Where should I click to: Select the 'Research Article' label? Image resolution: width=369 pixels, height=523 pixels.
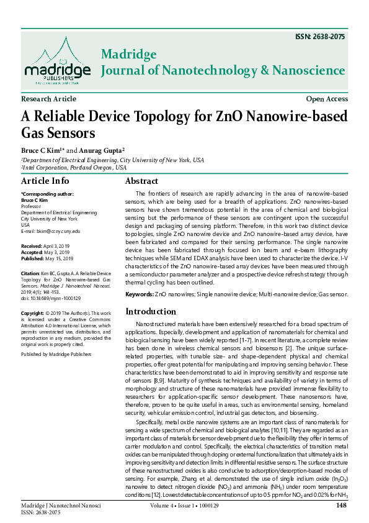coord(48,99)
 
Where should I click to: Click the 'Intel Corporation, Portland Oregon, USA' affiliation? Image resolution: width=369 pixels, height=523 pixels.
coord(74,168)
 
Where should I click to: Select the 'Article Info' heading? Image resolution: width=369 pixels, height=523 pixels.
coord(45,181)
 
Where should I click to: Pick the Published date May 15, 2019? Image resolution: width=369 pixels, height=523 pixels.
coord(60,258)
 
